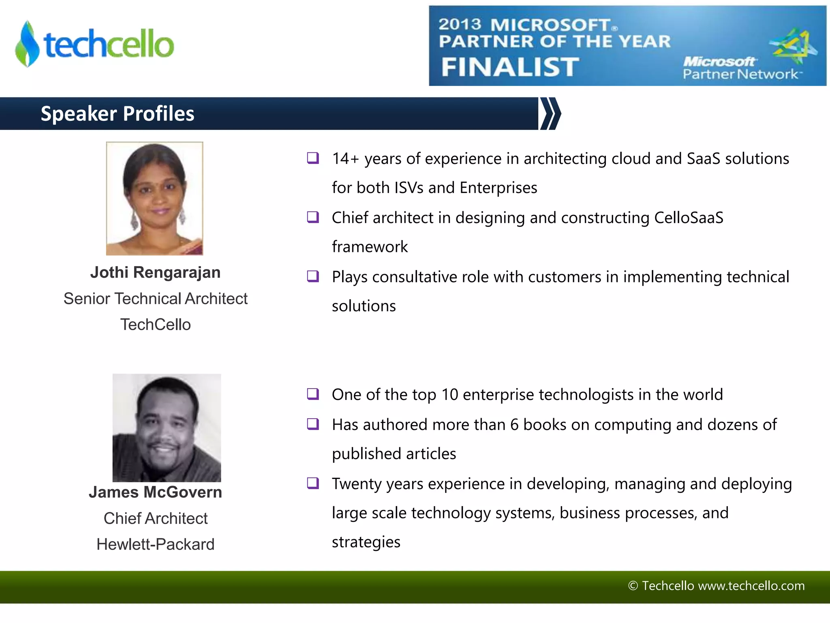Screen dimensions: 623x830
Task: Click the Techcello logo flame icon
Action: click(27, 44)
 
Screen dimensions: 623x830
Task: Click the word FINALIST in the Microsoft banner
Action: click(510, 67)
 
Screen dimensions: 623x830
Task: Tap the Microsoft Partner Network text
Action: click(740, 68)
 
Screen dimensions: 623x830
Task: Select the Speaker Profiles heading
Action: click(118, 114)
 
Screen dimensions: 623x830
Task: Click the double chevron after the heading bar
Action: click(550, 114)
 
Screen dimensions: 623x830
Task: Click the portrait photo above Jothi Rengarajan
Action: click(154, 198)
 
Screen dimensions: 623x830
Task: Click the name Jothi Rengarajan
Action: click(155, 272)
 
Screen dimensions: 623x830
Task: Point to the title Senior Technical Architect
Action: click(155, 299)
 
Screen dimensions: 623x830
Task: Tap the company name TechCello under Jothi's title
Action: click(155, 324)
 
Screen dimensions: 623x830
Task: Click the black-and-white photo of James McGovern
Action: click(167, 428)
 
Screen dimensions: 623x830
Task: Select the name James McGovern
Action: click(155, 492)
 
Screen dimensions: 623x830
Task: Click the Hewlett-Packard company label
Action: click(155, 544)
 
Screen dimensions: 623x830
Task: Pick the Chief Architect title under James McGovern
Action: click(155, 518)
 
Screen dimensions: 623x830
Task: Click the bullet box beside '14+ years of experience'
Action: click(313, 157)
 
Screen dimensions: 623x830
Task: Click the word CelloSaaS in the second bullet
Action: click(689, 218)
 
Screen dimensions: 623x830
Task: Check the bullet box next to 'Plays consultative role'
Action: click(313, 276)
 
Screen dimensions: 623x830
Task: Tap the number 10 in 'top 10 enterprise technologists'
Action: click(449, 395)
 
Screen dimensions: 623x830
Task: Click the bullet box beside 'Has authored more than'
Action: click(313, 424)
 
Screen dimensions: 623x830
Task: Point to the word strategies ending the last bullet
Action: click(366, 542)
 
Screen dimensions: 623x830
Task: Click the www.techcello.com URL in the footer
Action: click(751, 586)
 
